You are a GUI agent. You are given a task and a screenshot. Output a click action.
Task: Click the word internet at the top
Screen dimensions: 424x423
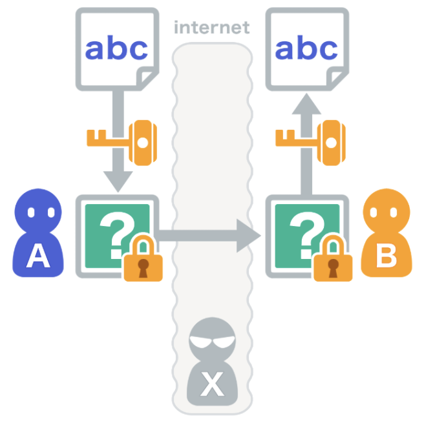(211, 28)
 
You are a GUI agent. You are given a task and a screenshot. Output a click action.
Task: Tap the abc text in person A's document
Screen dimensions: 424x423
(117, 48)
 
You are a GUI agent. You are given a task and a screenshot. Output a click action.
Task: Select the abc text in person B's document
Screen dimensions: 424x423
(306, 48)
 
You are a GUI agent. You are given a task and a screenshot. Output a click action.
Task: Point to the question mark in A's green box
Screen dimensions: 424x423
(115, 231)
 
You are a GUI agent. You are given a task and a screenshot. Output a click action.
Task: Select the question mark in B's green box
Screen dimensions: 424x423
(304, 231)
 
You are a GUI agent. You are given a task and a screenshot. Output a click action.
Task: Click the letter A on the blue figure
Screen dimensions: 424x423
(38, 256)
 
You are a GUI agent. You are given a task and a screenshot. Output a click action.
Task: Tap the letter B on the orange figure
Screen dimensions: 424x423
(386, 256)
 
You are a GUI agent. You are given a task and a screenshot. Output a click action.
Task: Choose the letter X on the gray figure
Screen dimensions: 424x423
(211, 385)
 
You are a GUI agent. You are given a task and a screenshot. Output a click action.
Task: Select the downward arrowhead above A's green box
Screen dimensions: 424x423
(118, 180)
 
